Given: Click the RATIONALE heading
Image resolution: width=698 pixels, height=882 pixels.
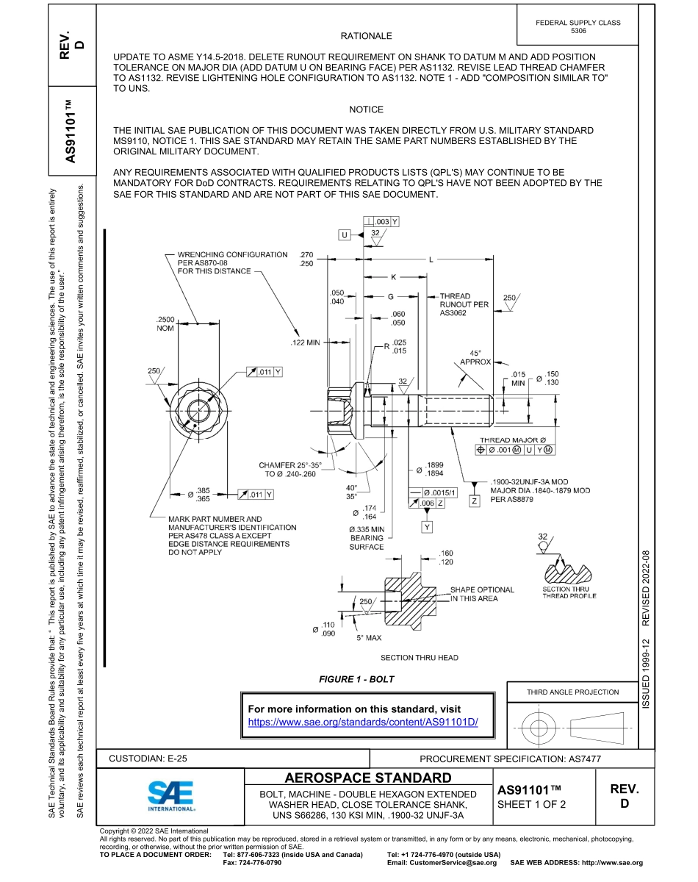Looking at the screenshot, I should pyautogui.click(x=366, y=36).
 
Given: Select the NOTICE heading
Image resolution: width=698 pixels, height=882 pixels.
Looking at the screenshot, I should pyautogui.click(x=366, y=110).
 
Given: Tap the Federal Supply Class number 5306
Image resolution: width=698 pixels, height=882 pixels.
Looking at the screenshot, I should pyautogui.click(x=578, y=32).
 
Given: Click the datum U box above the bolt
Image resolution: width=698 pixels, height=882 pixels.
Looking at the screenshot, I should pyautogui.click(x=345, y=234).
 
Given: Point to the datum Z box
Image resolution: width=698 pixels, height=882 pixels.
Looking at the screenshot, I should pyautogui.click(x=475, y=501).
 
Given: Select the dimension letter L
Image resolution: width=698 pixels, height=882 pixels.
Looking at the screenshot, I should pyautogui.click(x=431, y=259).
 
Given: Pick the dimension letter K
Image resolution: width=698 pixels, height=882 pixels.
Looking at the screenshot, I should pyautogui.click(x=394, y=278).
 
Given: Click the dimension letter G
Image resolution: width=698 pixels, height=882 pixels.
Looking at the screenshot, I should pyautogui.click(x=391, y=297).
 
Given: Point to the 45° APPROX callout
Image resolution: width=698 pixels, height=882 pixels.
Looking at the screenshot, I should pyautogui.click(x=475, y=357).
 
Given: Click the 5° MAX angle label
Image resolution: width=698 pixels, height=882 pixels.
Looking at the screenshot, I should pyautogui.click(x=369, y=638).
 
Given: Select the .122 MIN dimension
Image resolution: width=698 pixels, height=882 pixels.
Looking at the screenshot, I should pyautogui.click(x=306, y=343).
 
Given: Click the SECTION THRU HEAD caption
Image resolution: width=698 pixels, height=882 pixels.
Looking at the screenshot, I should pyautogui.click(x=420, y=658).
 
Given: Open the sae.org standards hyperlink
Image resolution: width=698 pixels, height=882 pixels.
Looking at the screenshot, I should pyautogui.click(x=363, y=722).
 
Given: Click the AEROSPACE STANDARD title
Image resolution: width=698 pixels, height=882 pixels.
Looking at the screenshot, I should pyautogui.click(x=368, y=778).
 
